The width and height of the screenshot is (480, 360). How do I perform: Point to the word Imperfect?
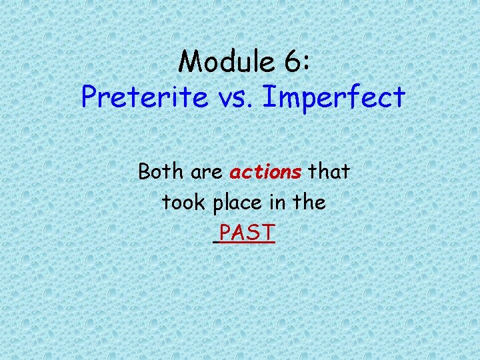coord(334,98)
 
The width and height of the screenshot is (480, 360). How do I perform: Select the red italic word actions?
coord(265,173)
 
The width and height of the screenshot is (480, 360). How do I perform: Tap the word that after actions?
coord(329,172)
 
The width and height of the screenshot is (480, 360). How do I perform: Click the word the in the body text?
coord(308,203)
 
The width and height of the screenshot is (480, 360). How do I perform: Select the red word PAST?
coord(247,233)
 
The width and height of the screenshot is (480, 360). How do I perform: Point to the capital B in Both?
coord(145,172)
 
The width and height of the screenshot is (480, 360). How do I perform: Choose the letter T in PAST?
coord(267,233)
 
